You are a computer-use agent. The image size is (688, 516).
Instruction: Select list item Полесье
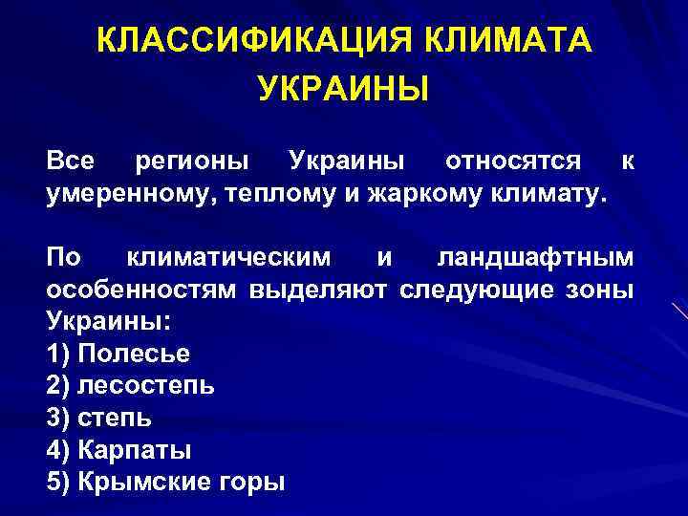tap(134, 354)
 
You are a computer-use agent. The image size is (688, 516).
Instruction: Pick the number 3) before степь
tap(57, 419)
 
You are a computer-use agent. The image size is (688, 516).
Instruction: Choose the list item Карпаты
tap(135, 450)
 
